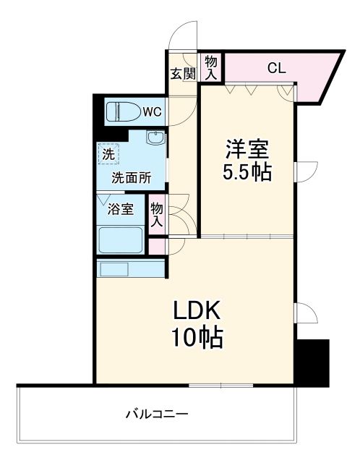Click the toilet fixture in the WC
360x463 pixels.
coord(120,112)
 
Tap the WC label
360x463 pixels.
coord(150,111)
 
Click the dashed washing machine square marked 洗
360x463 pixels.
coord(108,153)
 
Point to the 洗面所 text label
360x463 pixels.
coord(131,178)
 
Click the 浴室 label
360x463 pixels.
coord(121,210)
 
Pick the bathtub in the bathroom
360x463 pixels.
coord(121,239)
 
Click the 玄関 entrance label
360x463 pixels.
coord(183,73)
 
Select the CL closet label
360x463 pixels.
coord(276,69)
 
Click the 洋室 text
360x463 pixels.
coord(247,150)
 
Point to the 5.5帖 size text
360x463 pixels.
coord(247,174)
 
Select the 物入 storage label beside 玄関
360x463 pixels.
coord(210,67)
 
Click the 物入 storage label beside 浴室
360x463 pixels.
coord(157,214)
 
